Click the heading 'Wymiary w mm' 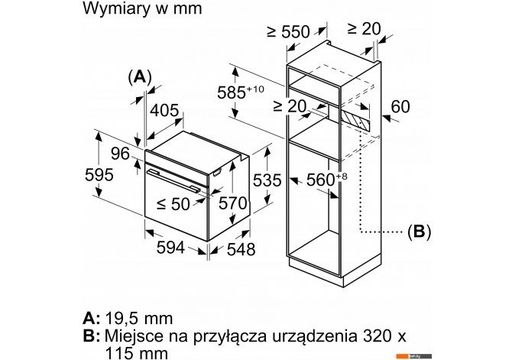(142, 8)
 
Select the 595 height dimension (99, 175)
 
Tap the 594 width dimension (170, 248)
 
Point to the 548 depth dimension (241, 250)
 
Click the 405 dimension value (164, 110)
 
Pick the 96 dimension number (120, 154)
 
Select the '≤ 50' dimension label (173, 204)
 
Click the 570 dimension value (232, 203)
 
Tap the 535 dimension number (267, 180)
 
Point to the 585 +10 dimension (241, 92)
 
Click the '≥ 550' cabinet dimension (288, 31)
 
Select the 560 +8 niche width (326, 180)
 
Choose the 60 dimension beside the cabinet (400, 106)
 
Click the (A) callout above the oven (140, 77)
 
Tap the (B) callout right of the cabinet (420, 232)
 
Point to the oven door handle (173, 180)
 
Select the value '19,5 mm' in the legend (139, 318)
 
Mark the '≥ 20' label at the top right (364, 29)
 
